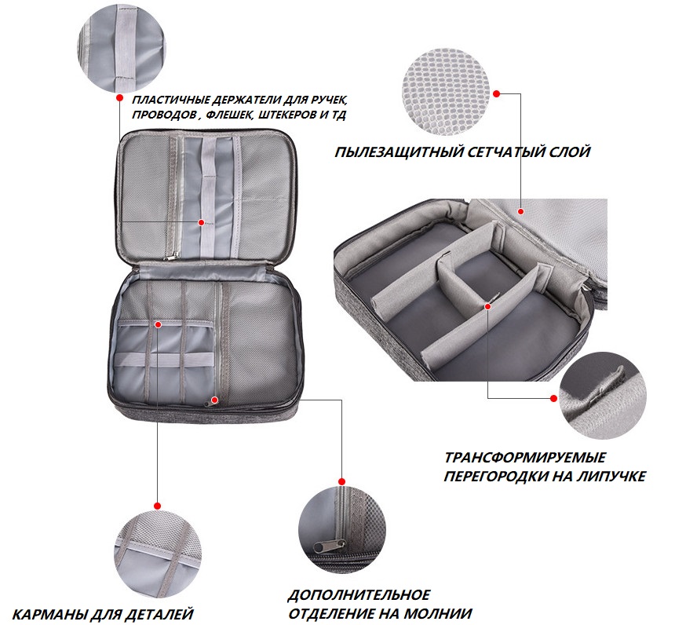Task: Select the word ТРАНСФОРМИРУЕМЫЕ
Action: pos(525,457)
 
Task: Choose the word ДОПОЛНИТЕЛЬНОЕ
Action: pos(359,595)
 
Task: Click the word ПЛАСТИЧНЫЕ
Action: pos(170,100)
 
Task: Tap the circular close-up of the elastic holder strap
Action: pos(122,49)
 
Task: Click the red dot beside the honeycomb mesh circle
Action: pos(496,93)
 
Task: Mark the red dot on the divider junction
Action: pos(487,306)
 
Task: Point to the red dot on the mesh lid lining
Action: pos(521,211)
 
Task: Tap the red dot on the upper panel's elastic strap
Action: pos(201,222)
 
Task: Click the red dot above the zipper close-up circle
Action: pos(341,481)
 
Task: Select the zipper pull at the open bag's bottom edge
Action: pos(212,401)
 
